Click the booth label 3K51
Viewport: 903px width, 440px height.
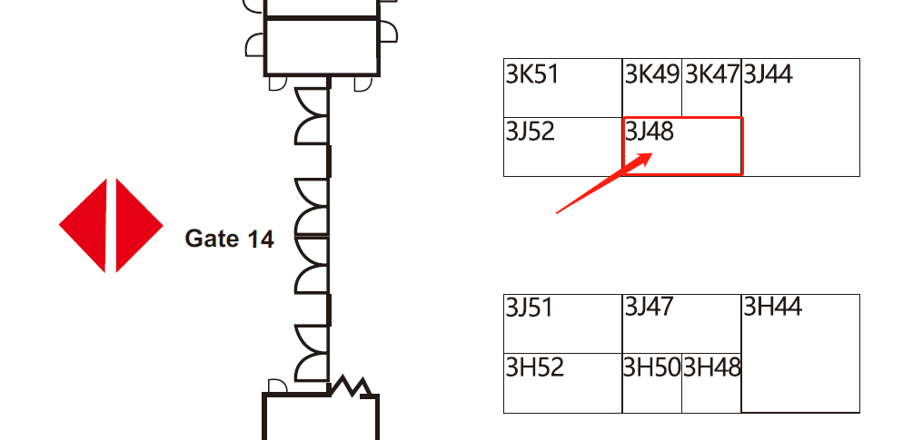coord(532,74)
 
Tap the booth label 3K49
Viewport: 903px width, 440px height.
coord(651,74)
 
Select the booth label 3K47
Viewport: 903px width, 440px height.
coord(711,74)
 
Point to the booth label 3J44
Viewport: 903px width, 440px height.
coord(768,74)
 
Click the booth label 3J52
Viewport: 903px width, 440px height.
coord(530,132)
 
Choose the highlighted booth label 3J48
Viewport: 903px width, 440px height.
coord(650,132)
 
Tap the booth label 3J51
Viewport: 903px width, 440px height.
coord(529,308)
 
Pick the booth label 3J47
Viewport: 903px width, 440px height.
coord(649,308)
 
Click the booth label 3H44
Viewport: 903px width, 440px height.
coord(772,308)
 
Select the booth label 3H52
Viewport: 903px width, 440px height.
coord(535,367)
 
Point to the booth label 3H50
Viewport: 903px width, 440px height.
coord(651,367)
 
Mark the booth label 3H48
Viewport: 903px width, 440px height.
coord(711,367)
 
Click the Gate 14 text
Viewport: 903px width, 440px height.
coord(229,240)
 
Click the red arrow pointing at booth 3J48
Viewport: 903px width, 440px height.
coord(600,186)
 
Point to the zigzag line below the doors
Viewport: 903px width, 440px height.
coord(352,386)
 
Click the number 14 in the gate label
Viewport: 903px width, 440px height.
coord(257,240)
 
